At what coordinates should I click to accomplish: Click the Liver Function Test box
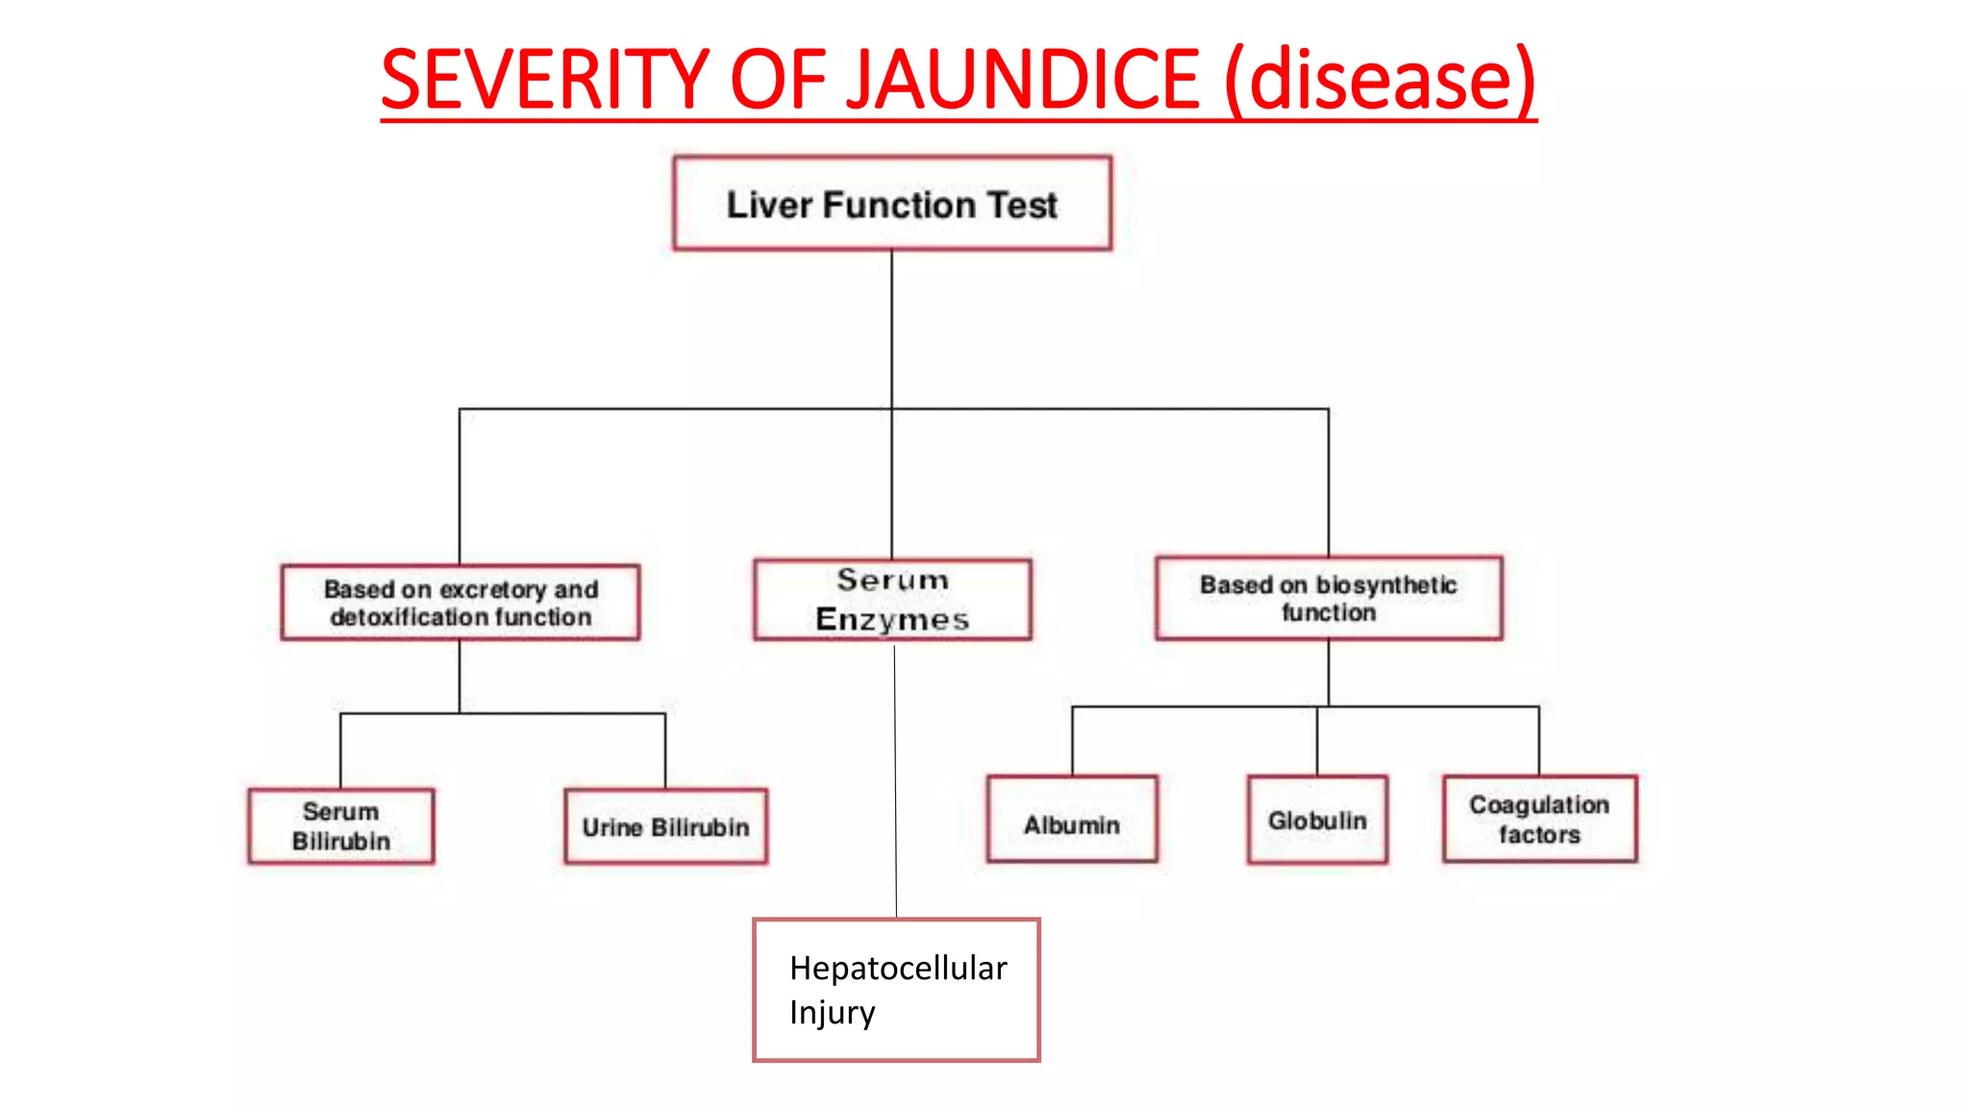click(x=892, y=204)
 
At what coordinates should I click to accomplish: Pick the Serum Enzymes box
click(x=892, y=600)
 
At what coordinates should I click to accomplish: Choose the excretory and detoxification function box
click(x=460, y=603)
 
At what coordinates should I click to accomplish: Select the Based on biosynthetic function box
click(x=1329, y=598)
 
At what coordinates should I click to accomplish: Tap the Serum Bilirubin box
click(x=341, y=826)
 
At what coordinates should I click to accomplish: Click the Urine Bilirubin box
click(x=665, y=826)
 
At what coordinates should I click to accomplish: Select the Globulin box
click(x=1317, y=820)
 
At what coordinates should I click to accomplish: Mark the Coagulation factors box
click(x=1539, y=820)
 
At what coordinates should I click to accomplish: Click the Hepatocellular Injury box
click(x=896, y=990)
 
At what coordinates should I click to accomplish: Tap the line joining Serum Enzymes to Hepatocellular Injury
click(x=895, y=778)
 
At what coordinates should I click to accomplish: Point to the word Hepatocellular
click(x=898, y=968)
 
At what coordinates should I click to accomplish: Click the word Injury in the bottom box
click(x=832, y=1013)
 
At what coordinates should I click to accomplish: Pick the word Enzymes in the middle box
click(x=892, y=620)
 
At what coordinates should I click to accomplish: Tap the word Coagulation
click(x=1538, y=804)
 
